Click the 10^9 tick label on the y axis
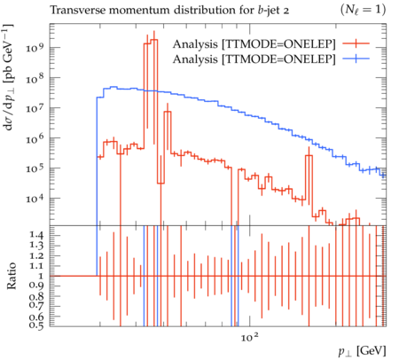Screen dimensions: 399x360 click(x=35, y=48)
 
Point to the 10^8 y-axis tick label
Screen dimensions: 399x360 click(x=35, y=78)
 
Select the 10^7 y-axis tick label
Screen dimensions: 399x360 click(x=35, y=108)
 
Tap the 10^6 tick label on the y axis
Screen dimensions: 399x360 click(x=35, y=138)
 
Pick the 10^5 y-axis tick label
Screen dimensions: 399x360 click(x=35, y=168)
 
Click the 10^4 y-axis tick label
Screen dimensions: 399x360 click(x=35, y=199)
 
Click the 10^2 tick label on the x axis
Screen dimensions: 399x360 click(x=250, y=337)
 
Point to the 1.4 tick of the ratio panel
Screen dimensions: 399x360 click(x=35, y=235)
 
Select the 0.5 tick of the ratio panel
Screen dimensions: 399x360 click(x=35, y=325)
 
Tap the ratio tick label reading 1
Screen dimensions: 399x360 click(x=41, y=276)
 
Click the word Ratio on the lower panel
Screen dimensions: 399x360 click(x=12, y=276)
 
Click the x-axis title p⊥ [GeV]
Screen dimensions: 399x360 click(x=362, y=351)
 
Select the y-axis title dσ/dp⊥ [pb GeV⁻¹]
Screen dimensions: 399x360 click(x=8, y=77)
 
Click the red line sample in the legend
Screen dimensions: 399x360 click(x=356, y=43)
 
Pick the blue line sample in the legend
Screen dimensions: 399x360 click(x=356, y=59)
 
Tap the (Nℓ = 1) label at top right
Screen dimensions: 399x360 click(x=364, y=11)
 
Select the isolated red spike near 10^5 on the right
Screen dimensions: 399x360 click(x=309, y=155)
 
